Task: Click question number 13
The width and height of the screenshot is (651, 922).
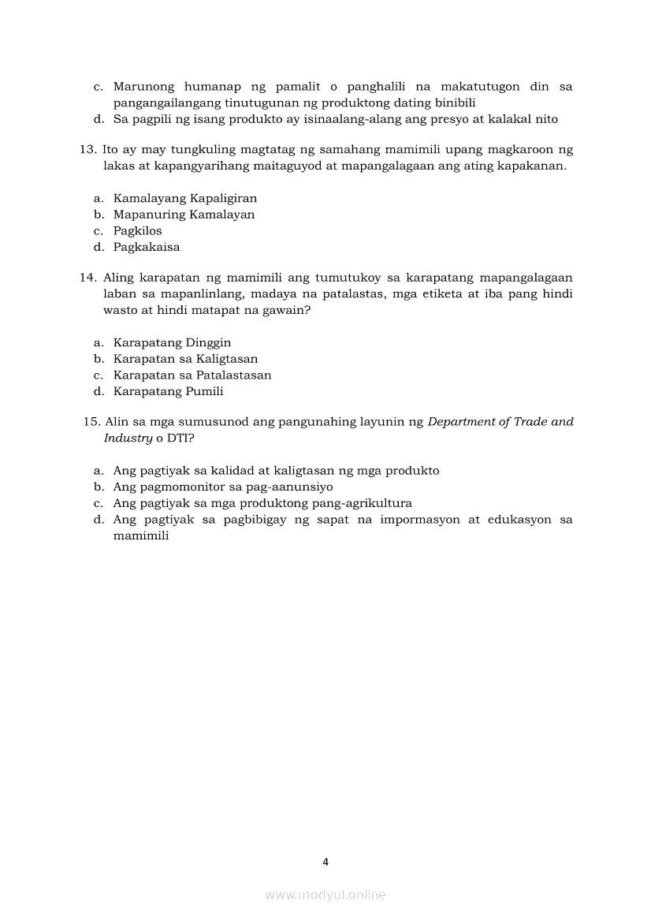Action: (x=87, y=150)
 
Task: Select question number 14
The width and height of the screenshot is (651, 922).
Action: (x=87, y=278)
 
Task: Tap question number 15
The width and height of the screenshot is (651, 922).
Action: (x=93, y=422)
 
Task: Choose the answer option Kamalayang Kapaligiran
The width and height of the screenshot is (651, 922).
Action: (x=185, y=198)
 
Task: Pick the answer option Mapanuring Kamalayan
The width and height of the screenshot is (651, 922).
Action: (x=184, y=215)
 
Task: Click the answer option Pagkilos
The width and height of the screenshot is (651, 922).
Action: (x=138, y=230)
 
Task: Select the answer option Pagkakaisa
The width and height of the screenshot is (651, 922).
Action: (x=147, y=247)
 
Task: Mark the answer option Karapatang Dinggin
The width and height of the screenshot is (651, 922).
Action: (x=172, y=342)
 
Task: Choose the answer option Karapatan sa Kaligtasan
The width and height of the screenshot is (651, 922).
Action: (x=185, y=359)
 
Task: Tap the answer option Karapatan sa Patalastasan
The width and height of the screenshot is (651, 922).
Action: (x=192, y=375)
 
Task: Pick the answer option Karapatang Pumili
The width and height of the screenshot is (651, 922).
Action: (x=168, y=391)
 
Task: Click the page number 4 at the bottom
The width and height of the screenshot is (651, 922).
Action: (x=325, y=861)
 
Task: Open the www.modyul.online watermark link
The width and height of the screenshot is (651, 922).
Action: (x=325, y=895)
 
